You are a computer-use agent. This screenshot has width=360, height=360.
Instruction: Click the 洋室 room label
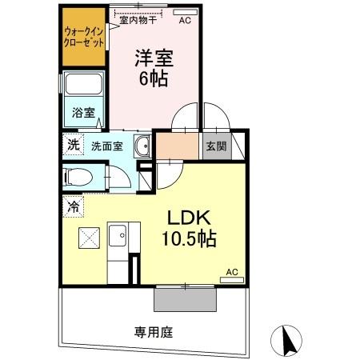154,58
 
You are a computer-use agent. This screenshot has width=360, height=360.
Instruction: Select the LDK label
189,218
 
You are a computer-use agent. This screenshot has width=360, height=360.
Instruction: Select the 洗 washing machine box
74,146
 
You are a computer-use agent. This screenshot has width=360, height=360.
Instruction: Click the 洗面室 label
106,146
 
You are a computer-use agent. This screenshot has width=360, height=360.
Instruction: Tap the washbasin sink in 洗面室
142,146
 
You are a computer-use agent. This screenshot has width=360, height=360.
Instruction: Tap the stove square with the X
89,238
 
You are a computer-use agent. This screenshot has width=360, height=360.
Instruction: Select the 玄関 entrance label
214,146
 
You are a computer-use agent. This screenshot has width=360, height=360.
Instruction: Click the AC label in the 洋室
185,21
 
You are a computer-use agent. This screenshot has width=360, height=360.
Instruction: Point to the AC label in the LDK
233,272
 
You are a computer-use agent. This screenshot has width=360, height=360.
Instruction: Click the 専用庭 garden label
154,331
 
